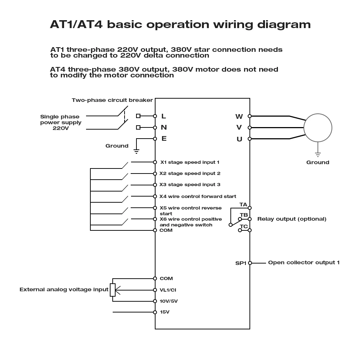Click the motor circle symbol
[318, 127]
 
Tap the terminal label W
[239, 116]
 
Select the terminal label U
[239, 139]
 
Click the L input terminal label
[163, 116]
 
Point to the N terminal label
[164, 127]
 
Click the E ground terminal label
[164, 138]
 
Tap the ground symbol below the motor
[318, 154]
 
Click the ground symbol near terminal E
[136, 151]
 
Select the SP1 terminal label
[240, 263]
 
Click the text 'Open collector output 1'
[303, 262]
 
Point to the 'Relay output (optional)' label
[292, 219]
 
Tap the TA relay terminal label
[243, 205]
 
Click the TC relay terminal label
[244, 226]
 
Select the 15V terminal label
[165, 312]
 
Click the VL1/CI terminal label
[168, 290]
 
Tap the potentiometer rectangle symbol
[113, 290]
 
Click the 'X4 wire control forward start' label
[198, 196]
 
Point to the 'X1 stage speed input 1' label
[190, 162]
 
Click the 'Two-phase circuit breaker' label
[112, 100]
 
